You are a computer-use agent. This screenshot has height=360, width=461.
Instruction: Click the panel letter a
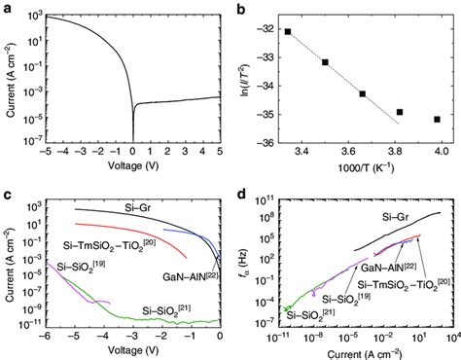(7, 7)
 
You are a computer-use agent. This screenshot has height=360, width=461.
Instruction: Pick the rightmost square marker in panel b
(437, 119)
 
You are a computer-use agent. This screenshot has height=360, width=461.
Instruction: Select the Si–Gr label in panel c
(143, 204)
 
